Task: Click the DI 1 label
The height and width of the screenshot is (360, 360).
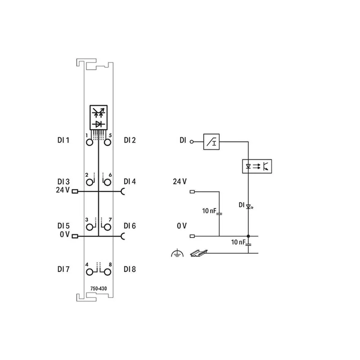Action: click(63, 140)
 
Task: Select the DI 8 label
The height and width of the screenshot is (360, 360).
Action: click(130, 269)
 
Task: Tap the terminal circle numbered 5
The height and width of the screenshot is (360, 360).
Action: click(108, 143)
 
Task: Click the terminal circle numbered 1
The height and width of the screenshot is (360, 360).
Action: click(90, 143)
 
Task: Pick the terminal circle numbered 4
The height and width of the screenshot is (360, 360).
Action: click(90, 272)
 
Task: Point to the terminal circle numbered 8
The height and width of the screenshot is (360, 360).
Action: click(108, 272)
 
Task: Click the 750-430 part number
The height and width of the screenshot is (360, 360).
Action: click(99, 288)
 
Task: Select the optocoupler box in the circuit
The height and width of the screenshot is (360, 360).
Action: click(257, 166)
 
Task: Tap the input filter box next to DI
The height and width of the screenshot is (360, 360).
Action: click(211, 142)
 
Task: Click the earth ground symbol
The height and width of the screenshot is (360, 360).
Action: click(177, 253)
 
